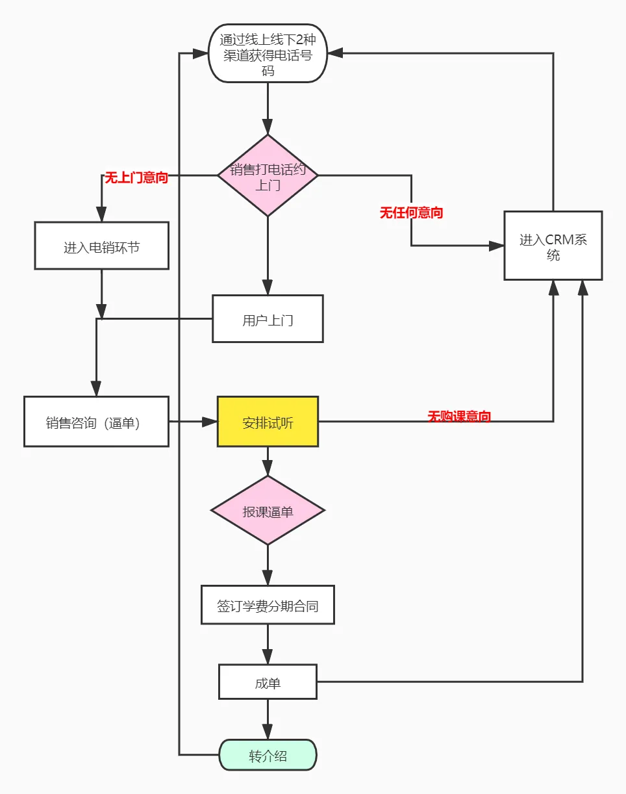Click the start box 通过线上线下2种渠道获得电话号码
point(268,54)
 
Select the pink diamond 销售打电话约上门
point(268,175)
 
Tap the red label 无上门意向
point(136,178)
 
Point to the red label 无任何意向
point(411,212)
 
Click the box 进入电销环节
point(101,246)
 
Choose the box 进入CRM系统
point(553,246)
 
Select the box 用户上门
point(268,319)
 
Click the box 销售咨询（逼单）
point(96,422)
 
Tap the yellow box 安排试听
point(268,422)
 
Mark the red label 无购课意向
point(458,416)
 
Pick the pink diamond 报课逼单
point(268,511)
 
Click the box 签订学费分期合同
point(268,606)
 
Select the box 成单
point(268,682)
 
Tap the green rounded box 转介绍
point(268,756)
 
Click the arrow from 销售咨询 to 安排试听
point(193,422)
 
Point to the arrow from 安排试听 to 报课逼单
point(268,461)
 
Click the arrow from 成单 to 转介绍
point(268,719)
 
